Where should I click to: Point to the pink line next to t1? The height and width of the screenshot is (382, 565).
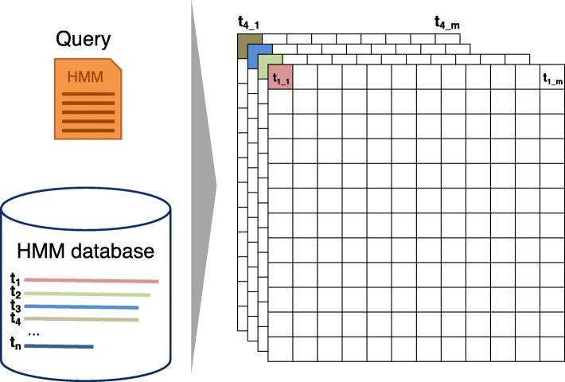[x=92, y=280]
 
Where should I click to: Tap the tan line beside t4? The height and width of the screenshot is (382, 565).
[x=81, y=320]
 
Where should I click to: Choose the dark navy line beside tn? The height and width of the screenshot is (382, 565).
[x=59, y=346]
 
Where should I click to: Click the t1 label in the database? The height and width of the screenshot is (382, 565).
[x=14, y=279]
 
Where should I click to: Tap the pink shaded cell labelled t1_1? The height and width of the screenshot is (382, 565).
[x=281, y=77]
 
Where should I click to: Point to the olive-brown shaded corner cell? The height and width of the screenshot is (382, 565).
[x=249, y=45]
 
